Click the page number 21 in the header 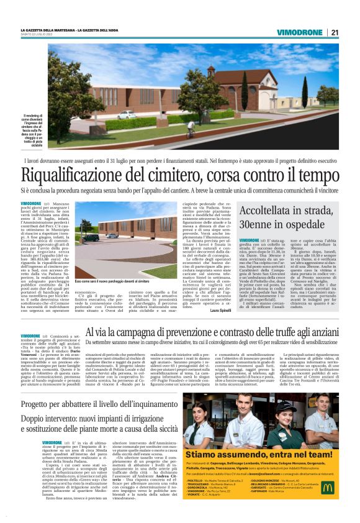335,32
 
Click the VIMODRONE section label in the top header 300,32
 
